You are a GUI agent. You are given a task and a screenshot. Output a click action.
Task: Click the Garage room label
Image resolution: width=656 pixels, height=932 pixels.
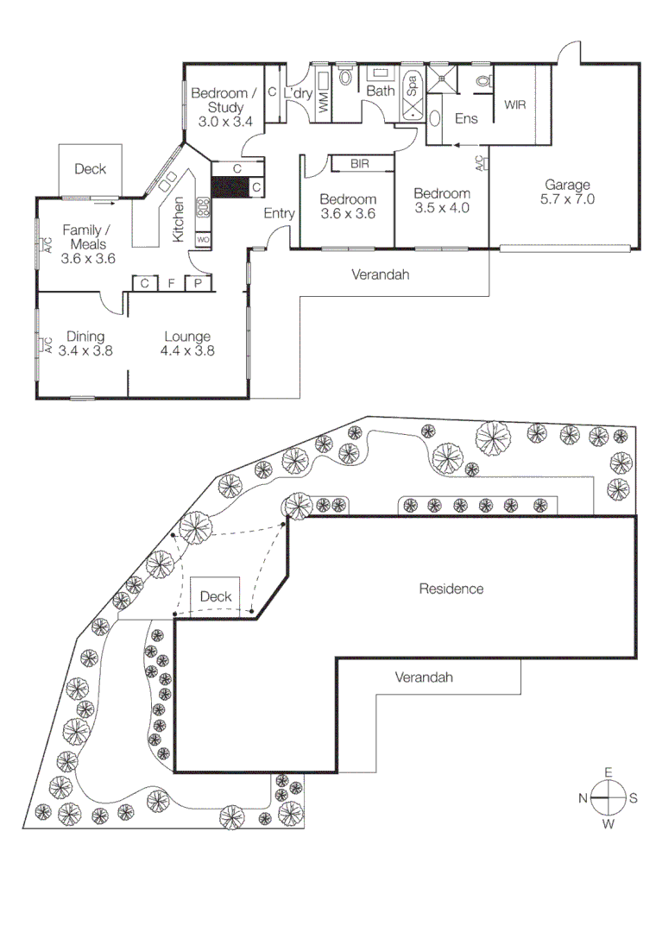[567, 184]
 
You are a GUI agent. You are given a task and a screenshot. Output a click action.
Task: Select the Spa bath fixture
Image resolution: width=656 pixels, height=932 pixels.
[413, 93]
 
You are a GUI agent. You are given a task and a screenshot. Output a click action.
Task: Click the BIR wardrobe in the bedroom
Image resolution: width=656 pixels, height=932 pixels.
[361, 163]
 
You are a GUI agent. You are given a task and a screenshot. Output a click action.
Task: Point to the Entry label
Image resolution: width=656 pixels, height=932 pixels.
[279, 214]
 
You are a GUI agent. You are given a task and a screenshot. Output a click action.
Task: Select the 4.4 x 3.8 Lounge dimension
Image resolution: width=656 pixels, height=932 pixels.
[186, 351]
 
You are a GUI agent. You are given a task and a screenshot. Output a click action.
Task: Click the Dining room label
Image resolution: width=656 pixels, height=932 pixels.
[85, 337]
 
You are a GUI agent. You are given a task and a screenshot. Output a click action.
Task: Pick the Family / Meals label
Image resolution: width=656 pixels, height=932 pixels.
[87, 243]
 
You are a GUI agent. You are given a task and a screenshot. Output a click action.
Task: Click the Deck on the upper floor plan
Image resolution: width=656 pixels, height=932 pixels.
[90, 169]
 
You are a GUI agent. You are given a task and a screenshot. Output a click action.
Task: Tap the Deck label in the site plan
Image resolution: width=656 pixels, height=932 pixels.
[215, 596]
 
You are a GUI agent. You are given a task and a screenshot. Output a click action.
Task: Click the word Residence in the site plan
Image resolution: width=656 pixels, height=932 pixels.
[451, 589]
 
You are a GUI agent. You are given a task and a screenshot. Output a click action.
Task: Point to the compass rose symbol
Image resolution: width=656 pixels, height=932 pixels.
[609, 798]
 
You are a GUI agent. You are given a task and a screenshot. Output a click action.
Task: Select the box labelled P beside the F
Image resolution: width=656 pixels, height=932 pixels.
[198, 282]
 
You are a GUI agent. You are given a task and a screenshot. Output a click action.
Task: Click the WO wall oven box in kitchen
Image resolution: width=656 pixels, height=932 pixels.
[203, 239]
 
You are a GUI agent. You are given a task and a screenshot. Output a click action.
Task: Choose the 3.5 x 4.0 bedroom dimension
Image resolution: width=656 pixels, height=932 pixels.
[441, 208]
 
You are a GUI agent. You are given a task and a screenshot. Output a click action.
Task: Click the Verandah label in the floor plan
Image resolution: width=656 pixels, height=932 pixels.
[380, 275]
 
